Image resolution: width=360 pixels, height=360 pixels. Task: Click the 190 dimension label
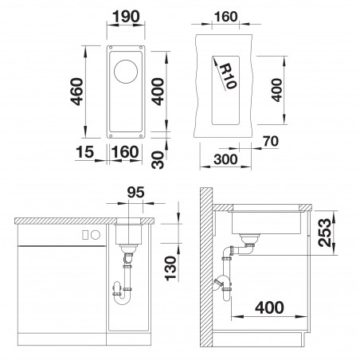coord(126,17)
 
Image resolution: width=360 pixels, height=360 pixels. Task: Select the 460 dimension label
coord(76,92)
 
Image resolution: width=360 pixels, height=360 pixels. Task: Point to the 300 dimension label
coord(225,159)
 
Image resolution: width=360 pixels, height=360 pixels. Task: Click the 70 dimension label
coord(271,141)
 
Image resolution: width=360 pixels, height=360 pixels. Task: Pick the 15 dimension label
coord(84,152)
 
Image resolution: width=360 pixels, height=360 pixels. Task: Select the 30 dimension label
coord(158,160)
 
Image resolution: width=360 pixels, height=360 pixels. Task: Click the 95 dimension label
coord(135,193)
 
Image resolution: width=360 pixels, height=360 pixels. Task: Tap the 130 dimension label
coord(170,268)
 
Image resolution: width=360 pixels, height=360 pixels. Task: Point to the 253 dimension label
coord(326,233)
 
